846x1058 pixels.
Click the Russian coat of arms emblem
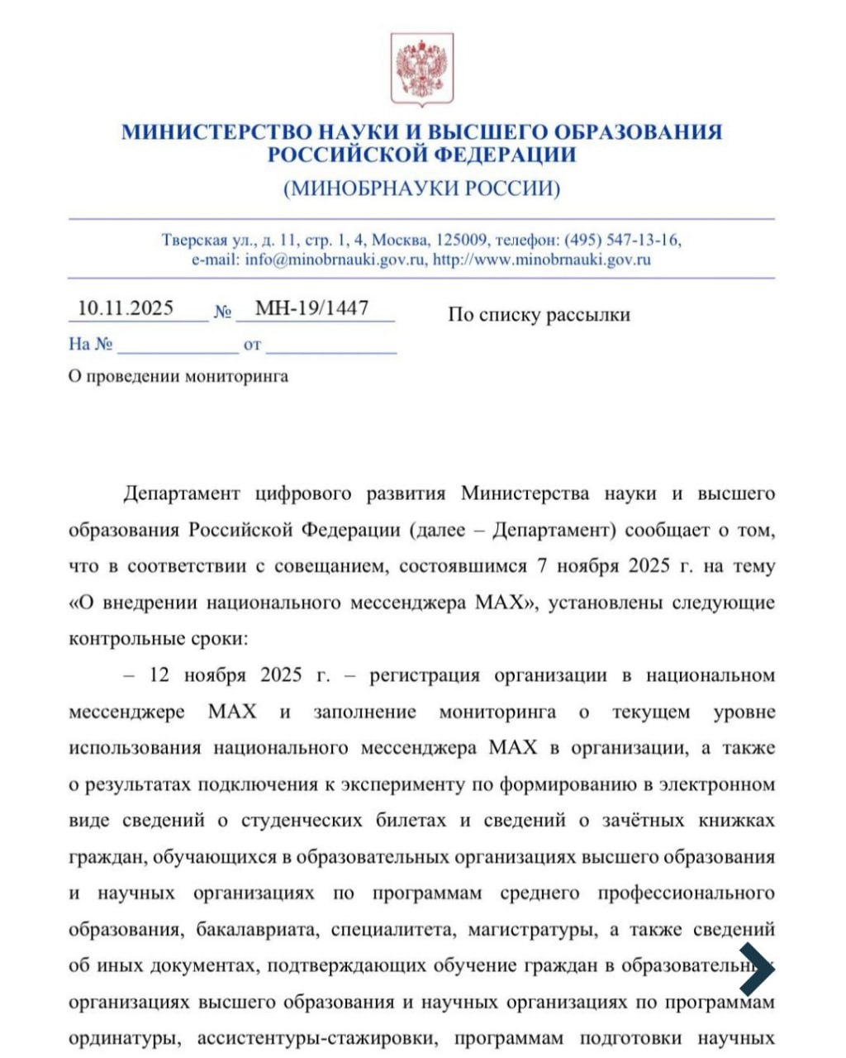pos(422,69)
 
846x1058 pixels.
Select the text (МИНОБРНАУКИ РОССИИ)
pos(422,188)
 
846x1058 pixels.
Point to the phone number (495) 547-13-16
pos(622,241)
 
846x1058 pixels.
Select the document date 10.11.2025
pos(126,309)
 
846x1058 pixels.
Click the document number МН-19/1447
pos(311,309)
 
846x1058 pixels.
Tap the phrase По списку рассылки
pos(539,315)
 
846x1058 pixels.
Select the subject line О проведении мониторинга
pos(178,377)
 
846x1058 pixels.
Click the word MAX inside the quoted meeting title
pos(501,603)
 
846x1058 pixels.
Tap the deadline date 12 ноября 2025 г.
pos(240,675)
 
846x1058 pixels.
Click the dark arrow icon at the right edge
pos(755,968)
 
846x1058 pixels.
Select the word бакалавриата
pos(257,930)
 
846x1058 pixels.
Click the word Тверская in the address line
pos(194,241)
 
